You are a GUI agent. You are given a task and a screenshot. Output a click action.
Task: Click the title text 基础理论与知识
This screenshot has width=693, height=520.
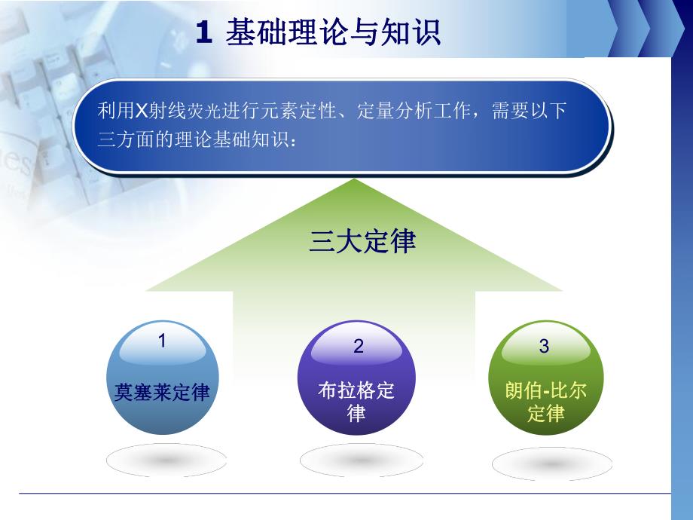click(x=332, y=33)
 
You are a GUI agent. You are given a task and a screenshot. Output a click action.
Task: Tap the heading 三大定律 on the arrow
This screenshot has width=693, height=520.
click(x=362, y=243)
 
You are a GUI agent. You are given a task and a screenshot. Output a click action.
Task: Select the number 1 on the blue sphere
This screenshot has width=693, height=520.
click(x=161, y=341)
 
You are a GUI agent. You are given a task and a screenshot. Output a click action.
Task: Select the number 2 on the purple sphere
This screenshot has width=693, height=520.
click(x=359, y=346)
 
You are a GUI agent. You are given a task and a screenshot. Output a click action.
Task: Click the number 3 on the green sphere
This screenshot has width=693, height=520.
click(x=544, y=346)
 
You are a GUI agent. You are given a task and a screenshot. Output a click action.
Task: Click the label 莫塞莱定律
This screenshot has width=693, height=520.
click(x=162, y=393)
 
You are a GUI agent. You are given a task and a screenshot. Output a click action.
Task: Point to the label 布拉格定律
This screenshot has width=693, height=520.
click(x=356, y=402)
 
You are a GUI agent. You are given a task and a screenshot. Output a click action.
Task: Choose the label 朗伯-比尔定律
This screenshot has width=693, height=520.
click(x=545, y=402)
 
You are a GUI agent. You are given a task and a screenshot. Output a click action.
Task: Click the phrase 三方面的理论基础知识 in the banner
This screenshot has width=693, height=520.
click(x=193, y=140)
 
